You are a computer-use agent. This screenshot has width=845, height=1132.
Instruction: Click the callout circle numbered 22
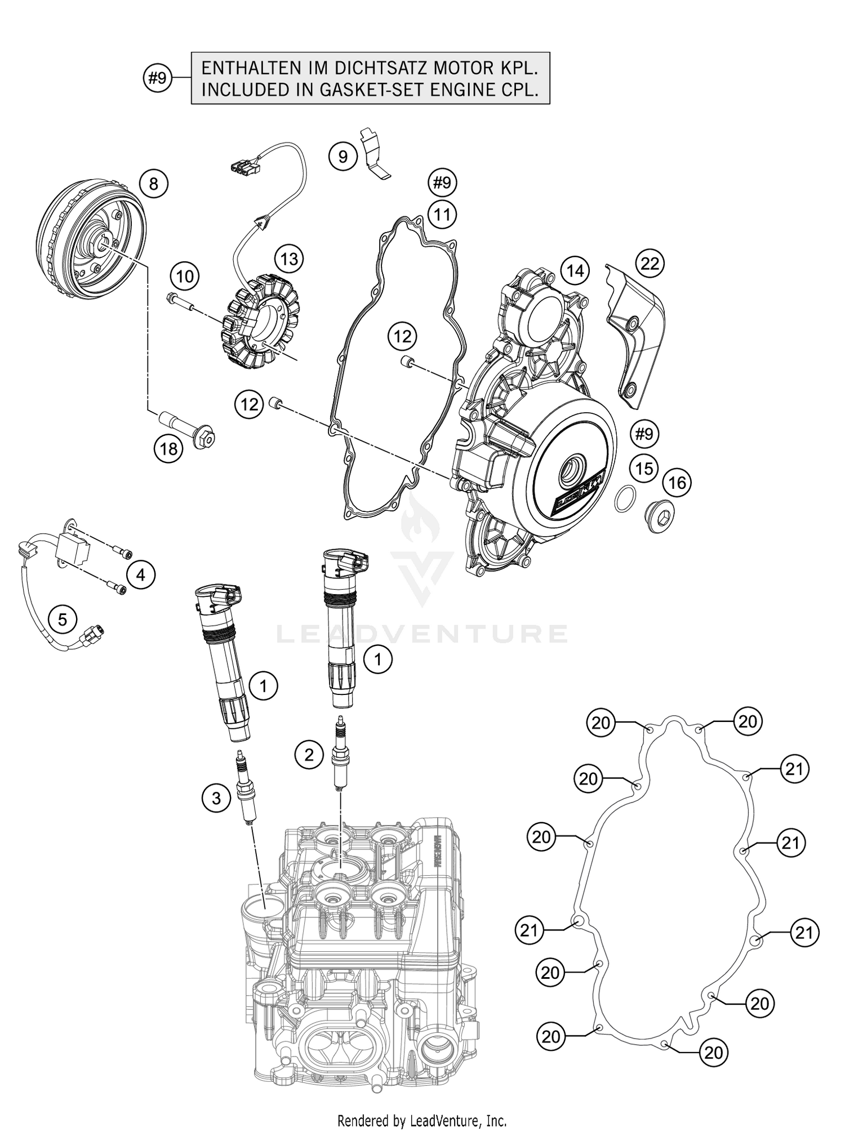pyautogui.click(x=650, y=263)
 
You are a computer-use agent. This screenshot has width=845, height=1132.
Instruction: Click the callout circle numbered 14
pyautogui.click(x=575, y=270)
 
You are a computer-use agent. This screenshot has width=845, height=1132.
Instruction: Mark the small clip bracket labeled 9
pyautogui.click(x=374, y=153)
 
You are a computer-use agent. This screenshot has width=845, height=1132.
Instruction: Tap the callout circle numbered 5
pyautogui.click(x=63, y=620)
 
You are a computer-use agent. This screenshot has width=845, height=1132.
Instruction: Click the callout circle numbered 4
pyautogui.click(x=140, y=574)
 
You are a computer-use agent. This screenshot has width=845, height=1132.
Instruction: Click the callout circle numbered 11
pyautogui.click(x=442, y=215)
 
